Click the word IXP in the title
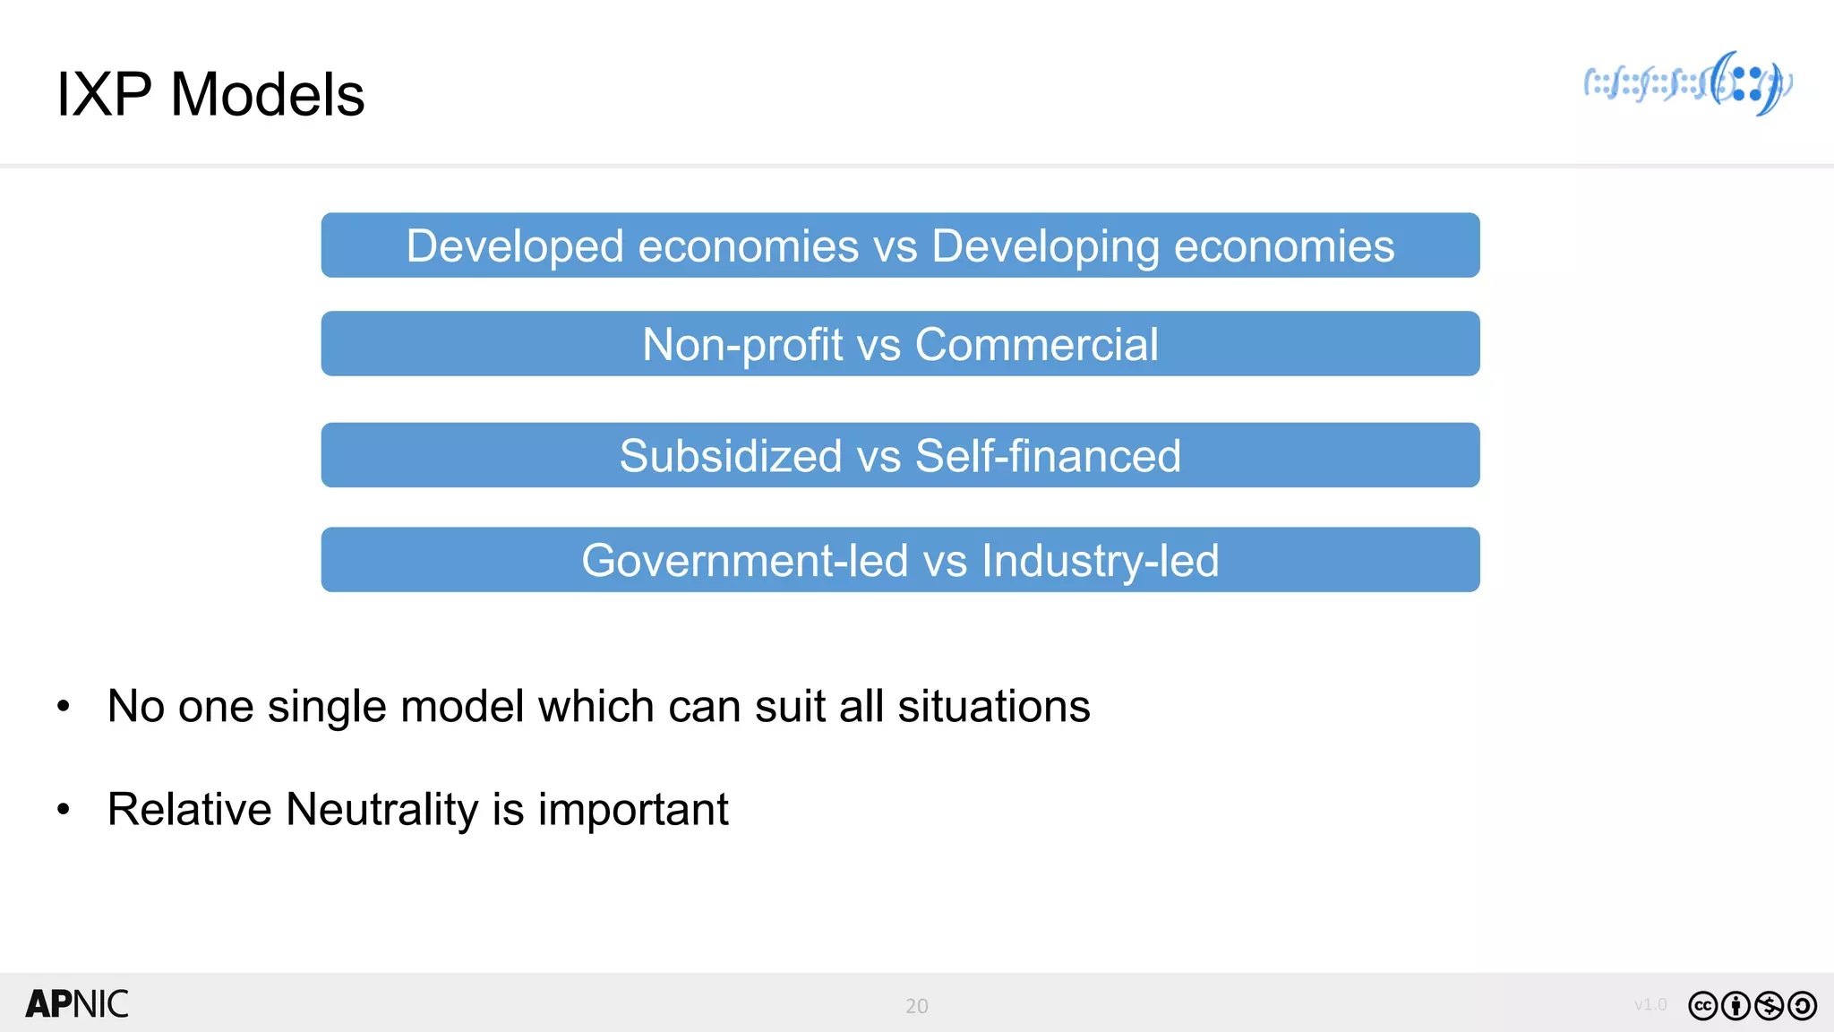point(103,95)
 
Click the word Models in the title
point(268,95)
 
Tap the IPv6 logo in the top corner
point(1688,83)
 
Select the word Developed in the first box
point(515,246)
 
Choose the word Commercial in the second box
point(1037,345)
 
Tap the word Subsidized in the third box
point(731,456)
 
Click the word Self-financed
point(1048,456)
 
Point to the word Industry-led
point(1101,561)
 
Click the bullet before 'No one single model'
point(63,707)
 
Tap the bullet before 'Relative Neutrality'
point(63,810)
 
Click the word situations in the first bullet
point(994,707)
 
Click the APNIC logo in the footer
point(77,1004)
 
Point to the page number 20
point(917,1006)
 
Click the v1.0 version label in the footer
point(1650,1005)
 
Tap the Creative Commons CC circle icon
point(1702,1006)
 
